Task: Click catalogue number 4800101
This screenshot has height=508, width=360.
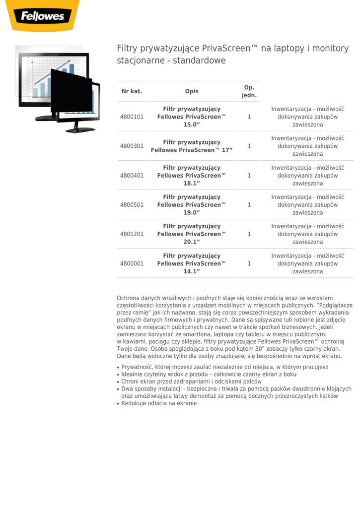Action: (x=132, y=117)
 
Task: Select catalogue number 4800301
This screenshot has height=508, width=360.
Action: (x=132, y=146)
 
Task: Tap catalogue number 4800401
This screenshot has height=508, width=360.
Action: (x=132, y=175)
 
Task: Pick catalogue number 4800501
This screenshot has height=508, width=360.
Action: (x=132, y=204)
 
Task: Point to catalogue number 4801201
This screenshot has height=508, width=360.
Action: (x=132, y=234)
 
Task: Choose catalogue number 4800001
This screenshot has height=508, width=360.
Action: (x=132, y=263)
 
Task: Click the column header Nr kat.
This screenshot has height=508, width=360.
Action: (x=132, y=91)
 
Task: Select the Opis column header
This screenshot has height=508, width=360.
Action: (x=192, y=91)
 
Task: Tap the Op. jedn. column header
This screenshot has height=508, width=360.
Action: (x=249, y=91)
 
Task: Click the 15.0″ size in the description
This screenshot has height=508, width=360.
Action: (x=192, y=125)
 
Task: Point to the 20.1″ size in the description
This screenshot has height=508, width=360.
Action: (x=192, y=242)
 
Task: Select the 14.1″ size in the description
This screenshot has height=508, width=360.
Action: (x=192, y=271)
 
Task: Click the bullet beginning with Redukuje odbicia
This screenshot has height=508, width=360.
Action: (x=159, y=403)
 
